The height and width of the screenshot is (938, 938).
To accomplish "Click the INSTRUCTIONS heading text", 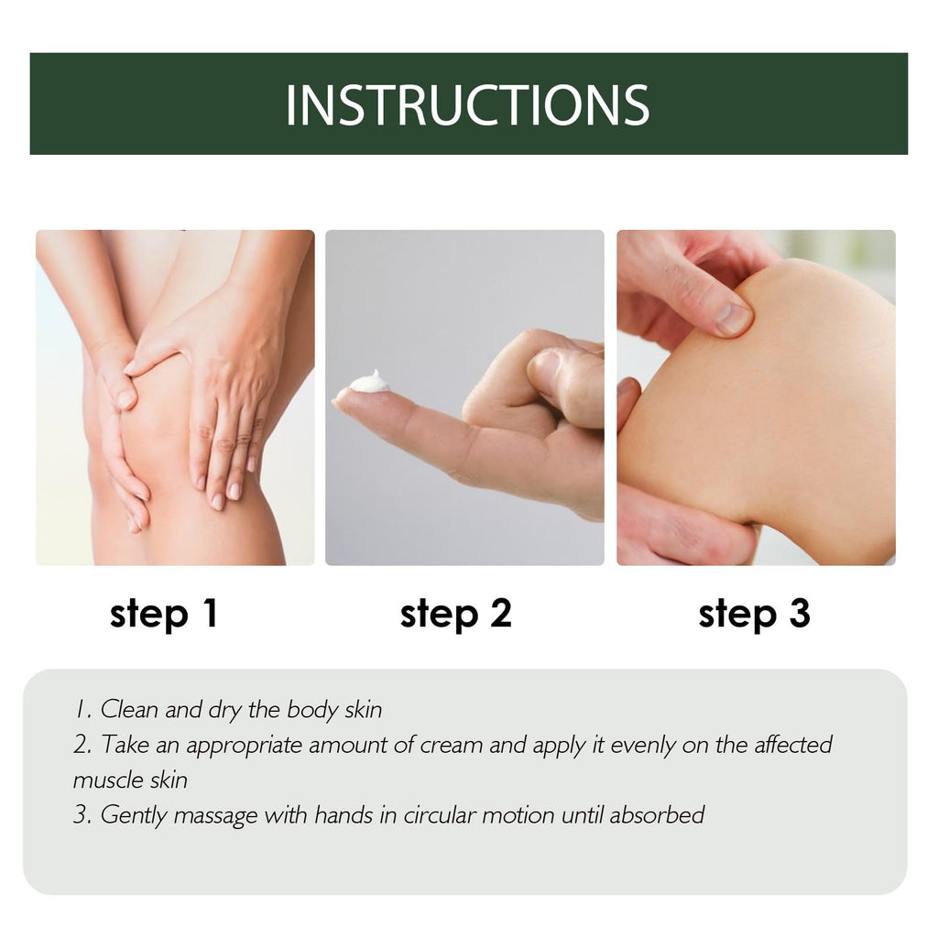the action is click(x=467, y=105).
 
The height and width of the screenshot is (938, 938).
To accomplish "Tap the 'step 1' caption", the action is click(x=163, y=615).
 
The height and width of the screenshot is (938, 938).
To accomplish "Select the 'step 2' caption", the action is click(x=456, y=615).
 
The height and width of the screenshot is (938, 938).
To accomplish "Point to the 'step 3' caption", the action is click(x=755, y=615).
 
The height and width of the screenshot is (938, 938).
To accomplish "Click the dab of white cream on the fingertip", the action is click(x=370, y=382).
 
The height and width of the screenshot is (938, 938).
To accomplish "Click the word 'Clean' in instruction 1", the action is click(x=129, y=710).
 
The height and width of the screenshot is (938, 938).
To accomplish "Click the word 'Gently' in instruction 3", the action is click(x=134, y=816).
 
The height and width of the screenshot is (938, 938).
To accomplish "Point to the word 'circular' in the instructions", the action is click(x=439, y=815).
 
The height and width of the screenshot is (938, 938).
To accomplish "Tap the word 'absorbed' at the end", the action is click(x=656, y=814).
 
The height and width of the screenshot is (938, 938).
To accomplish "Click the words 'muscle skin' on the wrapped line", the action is click(x=130, y=780).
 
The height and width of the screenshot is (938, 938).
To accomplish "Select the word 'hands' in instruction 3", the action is click(x=344, y=814).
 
